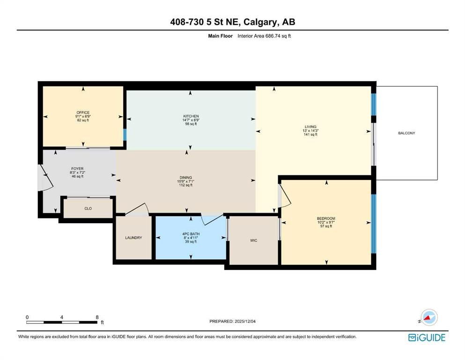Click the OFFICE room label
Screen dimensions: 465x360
click(83, 112)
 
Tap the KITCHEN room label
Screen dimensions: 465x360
click(191, 116)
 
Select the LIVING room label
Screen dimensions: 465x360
click(310, 127)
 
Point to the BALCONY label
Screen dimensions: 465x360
click(406, 133)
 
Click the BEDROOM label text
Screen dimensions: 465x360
click(326, 218)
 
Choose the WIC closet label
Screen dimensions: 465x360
click(253, 240)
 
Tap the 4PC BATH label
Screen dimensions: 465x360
click(191, 234)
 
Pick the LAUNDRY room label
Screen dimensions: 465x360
click(133, 238)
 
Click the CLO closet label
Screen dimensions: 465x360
click(88, 209)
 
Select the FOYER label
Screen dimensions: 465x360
click(77, 169)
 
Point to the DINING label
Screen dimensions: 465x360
click(185, 178)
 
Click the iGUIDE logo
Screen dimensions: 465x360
click(427, 338)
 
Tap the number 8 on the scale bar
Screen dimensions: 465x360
click(97, 317)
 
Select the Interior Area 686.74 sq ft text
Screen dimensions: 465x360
click(264, 36)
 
